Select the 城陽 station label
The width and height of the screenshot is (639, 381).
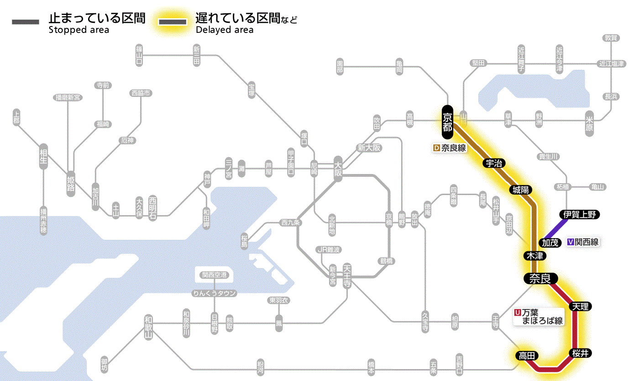pyautogui.click(x=521, y=190)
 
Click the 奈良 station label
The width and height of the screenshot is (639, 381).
pyautogui.click(x=540, y=278)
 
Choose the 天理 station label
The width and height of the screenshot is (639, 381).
pyautogui.click(x=581, y=306)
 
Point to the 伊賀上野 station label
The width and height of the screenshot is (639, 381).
pyautogui.click(x=580, y=214)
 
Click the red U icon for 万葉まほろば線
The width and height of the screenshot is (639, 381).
pyautogui.click(x=517, y=312)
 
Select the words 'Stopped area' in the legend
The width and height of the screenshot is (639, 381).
pyautogui.click(x=79, y=30)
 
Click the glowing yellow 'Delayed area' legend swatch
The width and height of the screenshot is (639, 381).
pyautogui.click(x=173, y=22)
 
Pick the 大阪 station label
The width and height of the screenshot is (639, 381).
pyautogui.click(x=338, y=169)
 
